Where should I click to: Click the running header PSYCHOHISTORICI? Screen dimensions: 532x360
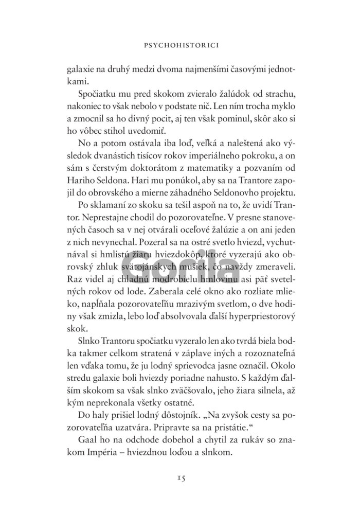180,45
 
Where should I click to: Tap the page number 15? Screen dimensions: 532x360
179,478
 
